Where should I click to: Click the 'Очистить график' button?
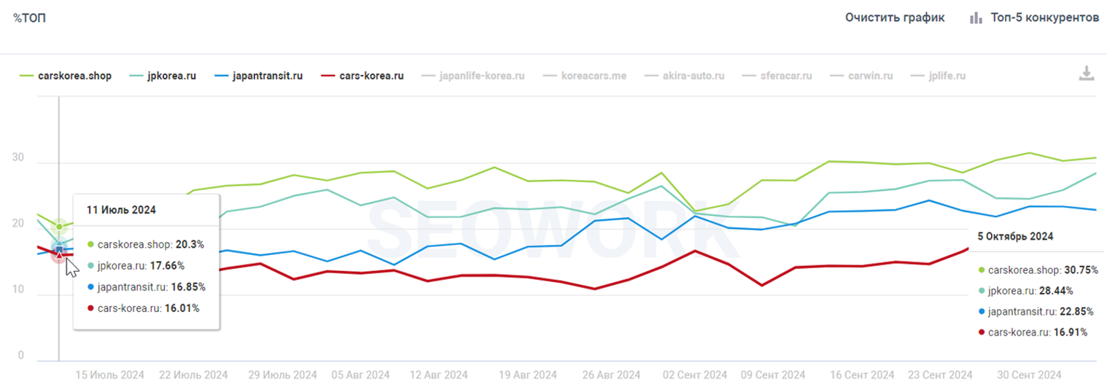(895, 17)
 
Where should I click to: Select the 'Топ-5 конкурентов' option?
(1034, 17)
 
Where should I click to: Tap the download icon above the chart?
(1087, 74)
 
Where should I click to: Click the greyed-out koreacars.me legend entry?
(584, 75)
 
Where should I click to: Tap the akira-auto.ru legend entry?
(683, 75)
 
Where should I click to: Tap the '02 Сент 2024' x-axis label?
(694, 375)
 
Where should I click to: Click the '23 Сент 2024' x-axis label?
(940, 375)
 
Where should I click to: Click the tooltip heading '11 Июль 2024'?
(121, 210)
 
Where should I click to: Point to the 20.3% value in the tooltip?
(190, 245)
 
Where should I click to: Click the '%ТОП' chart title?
(30, 17)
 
